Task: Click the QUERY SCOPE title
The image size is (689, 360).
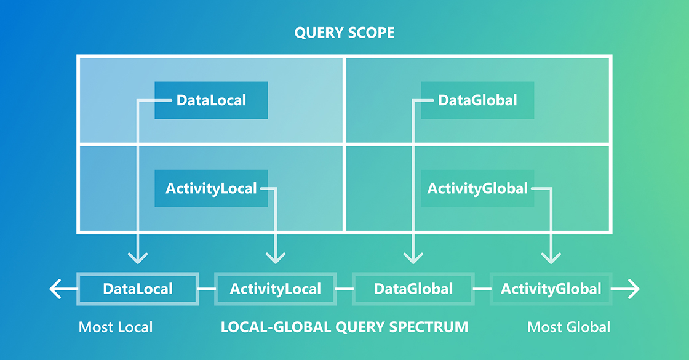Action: pos(344,33)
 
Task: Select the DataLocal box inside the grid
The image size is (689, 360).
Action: pos(211,100)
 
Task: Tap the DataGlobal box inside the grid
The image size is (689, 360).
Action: pos(477,100)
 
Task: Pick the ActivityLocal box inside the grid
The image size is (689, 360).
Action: pos(211,188)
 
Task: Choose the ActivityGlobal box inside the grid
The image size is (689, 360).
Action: pos(477,188)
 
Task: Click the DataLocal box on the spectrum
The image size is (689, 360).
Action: pos(138,289)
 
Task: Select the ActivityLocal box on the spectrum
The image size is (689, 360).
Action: pos(276,289)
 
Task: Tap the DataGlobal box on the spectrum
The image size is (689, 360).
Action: pos(413,289)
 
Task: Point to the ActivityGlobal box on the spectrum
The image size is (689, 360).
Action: pos(551,289)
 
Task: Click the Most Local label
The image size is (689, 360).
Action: pos(116,327)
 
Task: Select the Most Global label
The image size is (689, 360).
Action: pos(568,327)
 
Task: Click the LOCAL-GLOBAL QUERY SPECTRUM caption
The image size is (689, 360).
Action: pos(344,327)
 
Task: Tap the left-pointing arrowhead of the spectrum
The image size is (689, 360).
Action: pos(55,289)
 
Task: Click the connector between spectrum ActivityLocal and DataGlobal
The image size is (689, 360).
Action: pos(344,289)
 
